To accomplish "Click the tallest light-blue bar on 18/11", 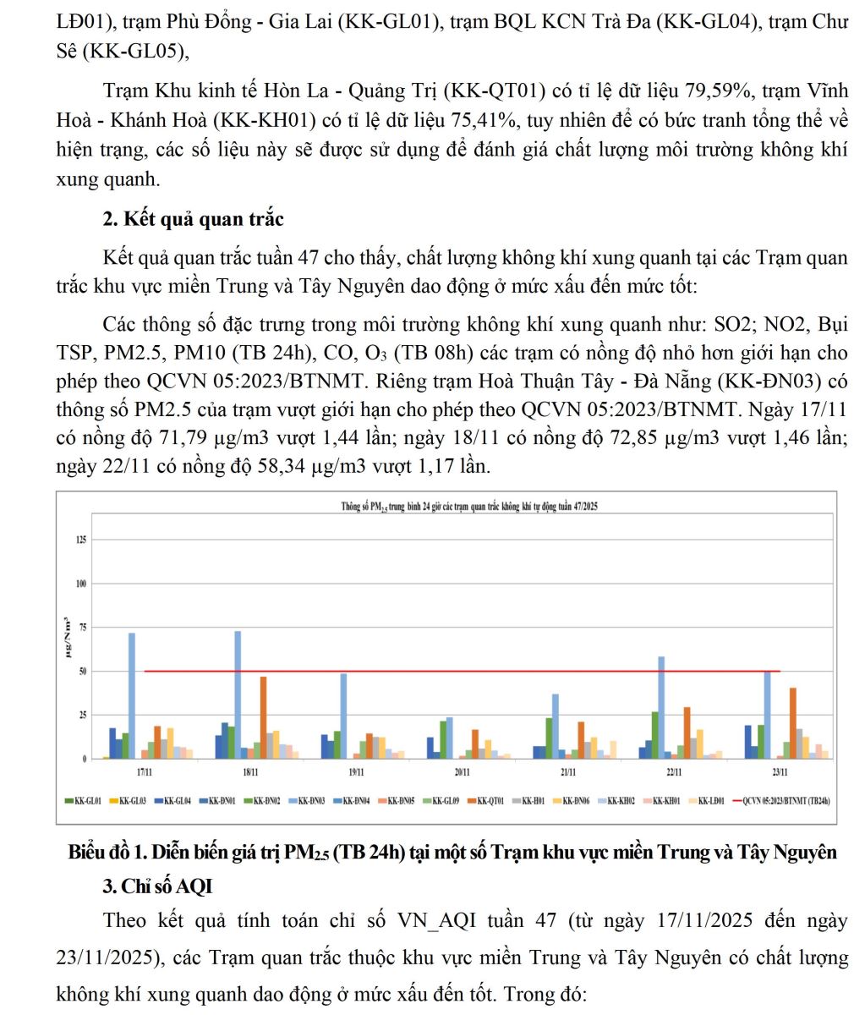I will [238, 694].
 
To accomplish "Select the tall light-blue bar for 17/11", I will [132, 695].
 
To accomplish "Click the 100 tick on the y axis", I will [81, 584].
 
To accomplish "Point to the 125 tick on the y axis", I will [81, 540].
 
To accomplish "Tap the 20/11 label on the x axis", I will [462, 773].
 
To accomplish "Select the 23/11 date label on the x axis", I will [780, 773].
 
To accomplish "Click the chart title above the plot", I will [470, 507].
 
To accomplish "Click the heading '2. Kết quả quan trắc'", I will [193, 220].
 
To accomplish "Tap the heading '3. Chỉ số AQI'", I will [157, 886].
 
